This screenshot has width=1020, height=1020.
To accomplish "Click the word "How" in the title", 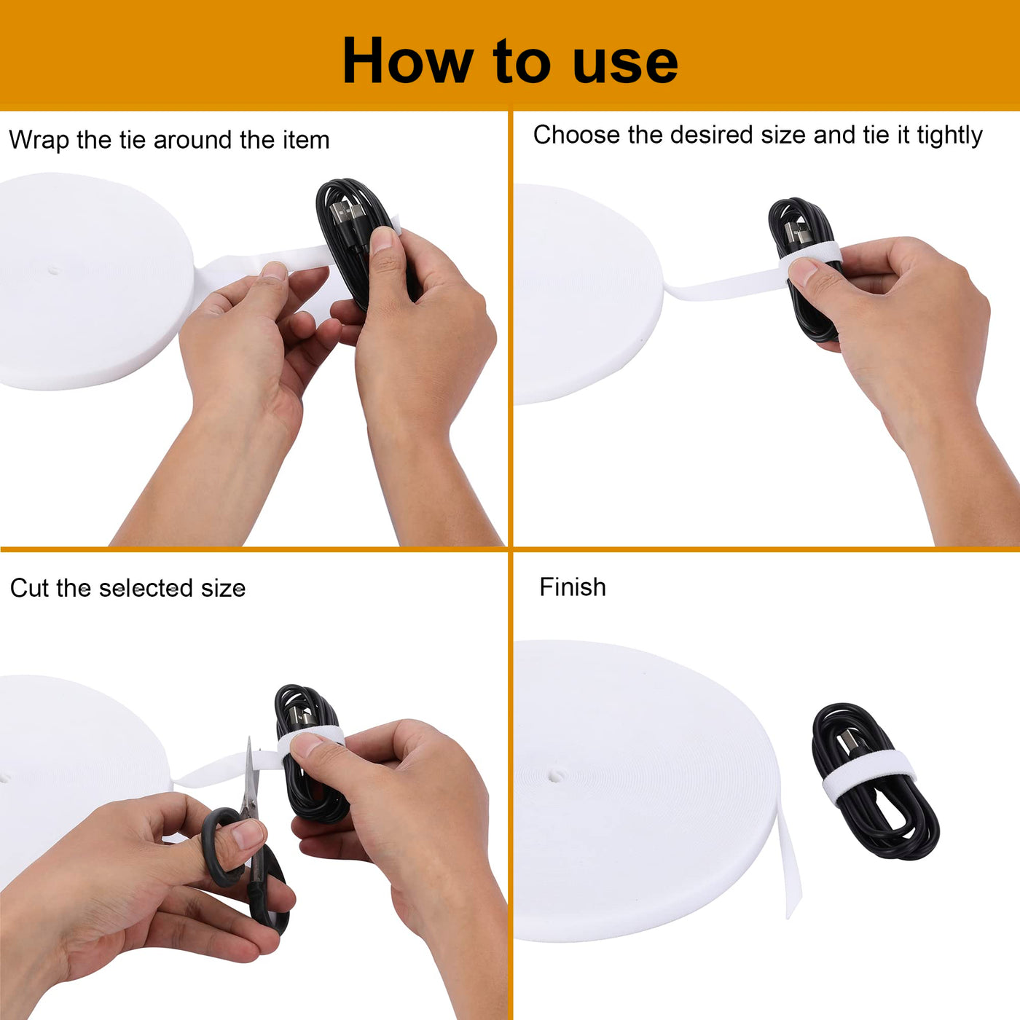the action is [408, 61].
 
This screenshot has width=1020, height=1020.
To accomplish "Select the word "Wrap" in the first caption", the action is [39, 141].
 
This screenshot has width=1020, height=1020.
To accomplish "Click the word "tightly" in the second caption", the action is [949, 136].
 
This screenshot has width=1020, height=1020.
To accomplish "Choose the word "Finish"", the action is [572, 587].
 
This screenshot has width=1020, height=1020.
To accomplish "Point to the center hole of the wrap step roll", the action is [53, 270].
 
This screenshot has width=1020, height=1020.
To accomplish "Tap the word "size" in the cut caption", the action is [223, 589].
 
